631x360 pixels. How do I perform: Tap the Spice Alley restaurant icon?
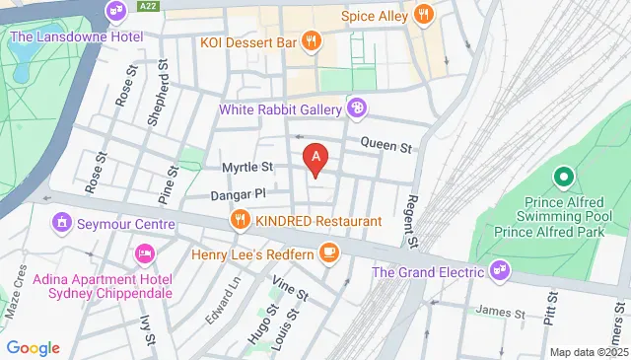tap(423, 15)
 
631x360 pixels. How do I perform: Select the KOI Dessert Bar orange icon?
tap(312, 41)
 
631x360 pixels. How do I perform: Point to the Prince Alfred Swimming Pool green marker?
tap(563, 178)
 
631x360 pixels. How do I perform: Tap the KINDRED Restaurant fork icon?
tap(239, 219)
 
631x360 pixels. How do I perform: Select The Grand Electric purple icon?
tap(501, 269)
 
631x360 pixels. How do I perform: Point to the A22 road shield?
tap(149, 6)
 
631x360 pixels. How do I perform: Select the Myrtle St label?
tap(246, 168)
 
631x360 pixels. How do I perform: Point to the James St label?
tap(498, 313)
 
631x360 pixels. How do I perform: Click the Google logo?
tap(34, 348)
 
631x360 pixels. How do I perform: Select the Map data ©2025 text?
tap(588, 352)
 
